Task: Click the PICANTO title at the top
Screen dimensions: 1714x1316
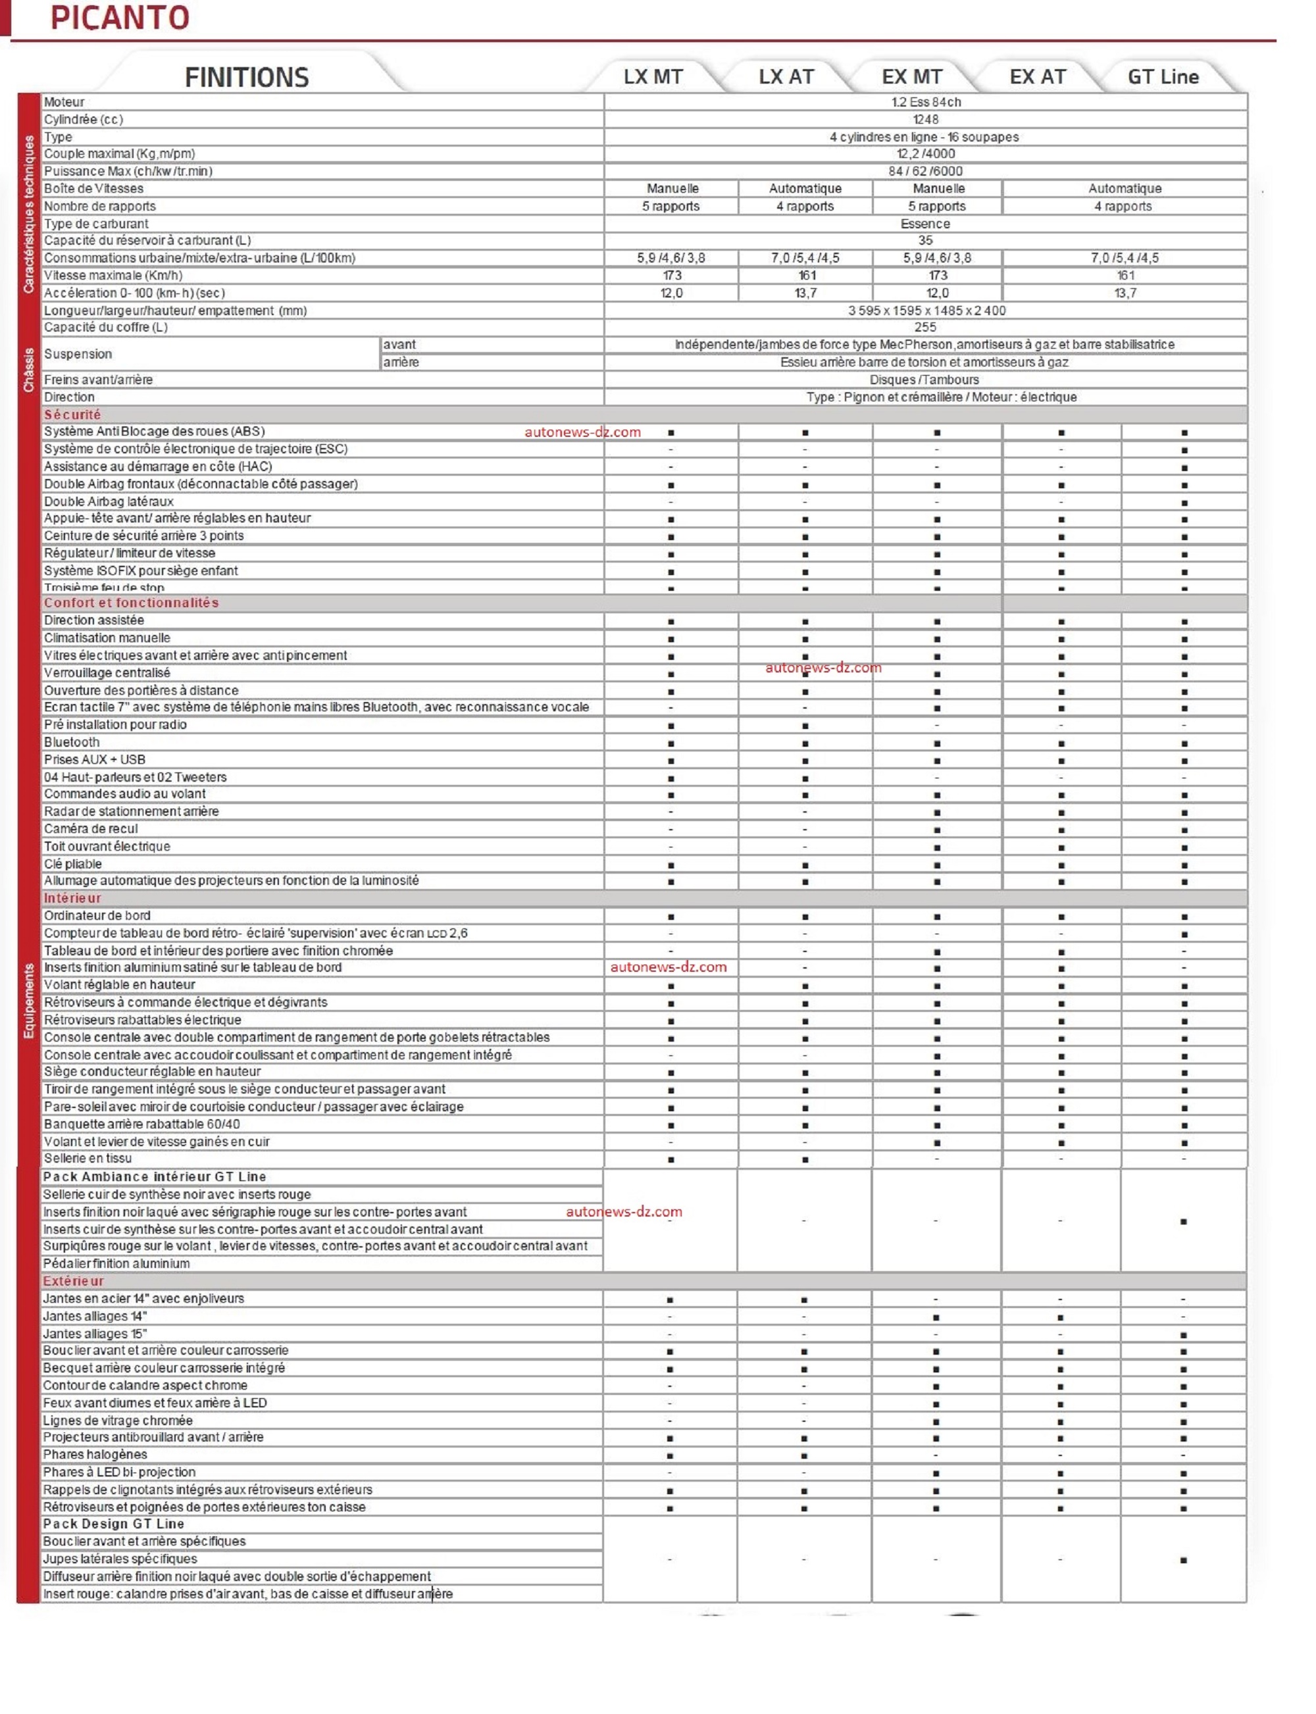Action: (x=120, y=18)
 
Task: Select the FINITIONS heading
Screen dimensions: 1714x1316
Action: (x=247, y=78)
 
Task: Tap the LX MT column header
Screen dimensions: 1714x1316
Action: (x=653, y=77)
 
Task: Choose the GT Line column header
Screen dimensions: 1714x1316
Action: (x=1163, y=77)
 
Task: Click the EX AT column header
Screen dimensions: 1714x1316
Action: (x=1037, y=77)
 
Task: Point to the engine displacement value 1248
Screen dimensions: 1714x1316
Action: (x=925, y=120)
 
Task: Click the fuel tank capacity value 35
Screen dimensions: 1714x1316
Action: (x=925, y=241)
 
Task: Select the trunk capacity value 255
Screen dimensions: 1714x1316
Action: (x=925, y=328)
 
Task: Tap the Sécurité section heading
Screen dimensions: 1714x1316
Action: (x=72, y=415)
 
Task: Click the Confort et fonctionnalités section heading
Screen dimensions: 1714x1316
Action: (x=131, y=603)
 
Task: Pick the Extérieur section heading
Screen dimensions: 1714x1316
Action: (x=73, y=1281)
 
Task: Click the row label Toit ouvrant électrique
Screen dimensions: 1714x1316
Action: (x=107, y=846)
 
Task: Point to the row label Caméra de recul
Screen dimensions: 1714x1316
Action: (x=91, y=829)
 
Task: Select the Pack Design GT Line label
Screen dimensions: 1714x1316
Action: (x=114, y=1524)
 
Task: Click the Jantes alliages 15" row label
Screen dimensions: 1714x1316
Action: (x=95, y=1333)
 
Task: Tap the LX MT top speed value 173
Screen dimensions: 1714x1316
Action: (x=671, y=276)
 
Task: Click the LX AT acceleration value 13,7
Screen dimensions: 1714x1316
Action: (x=805, y=293)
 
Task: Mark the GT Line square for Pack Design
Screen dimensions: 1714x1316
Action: (x=1183, y=1559)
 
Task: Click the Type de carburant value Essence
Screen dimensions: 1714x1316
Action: (x=925, y=224)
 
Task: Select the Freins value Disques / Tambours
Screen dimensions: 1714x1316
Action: (x=924, y=380)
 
